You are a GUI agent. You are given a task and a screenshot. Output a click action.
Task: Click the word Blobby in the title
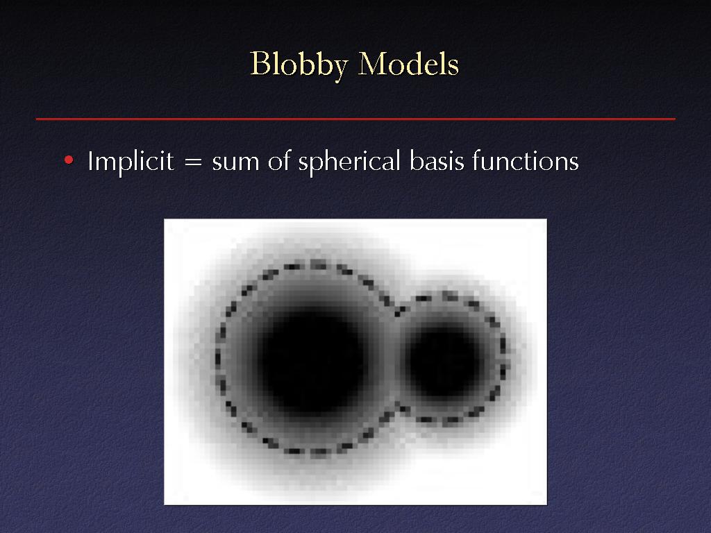click(299, 65)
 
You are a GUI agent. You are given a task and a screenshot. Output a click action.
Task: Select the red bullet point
click(69, 160)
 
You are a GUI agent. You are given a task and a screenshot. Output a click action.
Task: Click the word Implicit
click(131, 161)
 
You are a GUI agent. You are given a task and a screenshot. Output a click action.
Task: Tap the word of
click(278, 161)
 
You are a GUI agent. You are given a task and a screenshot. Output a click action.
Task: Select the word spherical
click(349, 162)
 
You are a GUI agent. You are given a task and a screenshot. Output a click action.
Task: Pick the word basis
click(437, 161)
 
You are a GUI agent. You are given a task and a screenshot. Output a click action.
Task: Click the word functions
click(526, 161)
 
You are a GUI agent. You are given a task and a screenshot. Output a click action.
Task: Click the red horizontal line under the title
click(355, 119)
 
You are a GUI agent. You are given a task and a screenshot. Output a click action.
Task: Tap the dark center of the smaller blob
click(444, 360)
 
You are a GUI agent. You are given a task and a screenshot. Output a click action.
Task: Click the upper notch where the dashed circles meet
click(399, 312)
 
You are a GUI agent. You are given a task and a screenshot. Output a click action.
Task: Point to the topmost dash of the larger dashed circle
click(318, 264)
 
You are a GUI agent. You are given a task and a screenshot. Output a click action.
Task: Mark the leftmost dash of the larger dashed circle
click(217, 357)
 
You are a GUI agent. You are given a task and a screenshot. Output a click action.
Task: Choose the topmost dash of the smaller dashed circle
click(450, 296)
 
